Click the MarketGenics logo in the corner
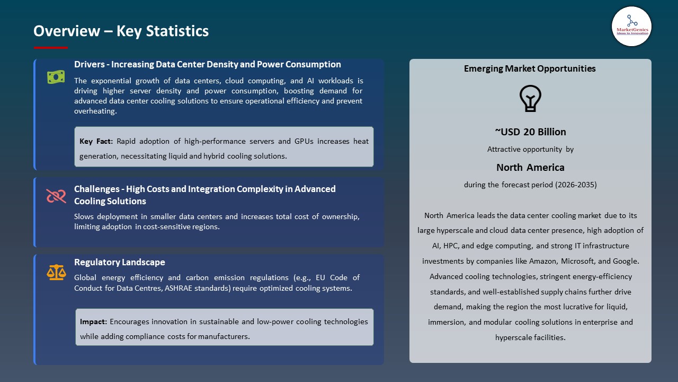tap(631, 26)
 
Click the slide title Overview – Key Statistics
tap(121, 31)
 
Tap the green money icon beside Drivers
tap(56, 77)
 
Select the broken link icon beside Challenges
tap(56, 196)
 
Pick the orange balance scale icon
tap(56, 273)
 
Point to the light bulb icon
tap(530, 99)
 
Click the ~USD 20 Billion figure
tap(530, 132)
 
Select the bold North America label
tap(530, 168)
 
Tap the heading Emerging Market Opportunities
tap(530, 68)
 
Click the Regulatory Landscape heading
tap(119, 262)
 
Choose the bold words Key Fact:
tap(96, 141)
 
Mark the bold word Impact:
tap(94, 322)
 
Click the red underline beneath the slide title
tap(51, 48)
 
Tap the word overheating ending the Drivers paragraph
tap(95, 111)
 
